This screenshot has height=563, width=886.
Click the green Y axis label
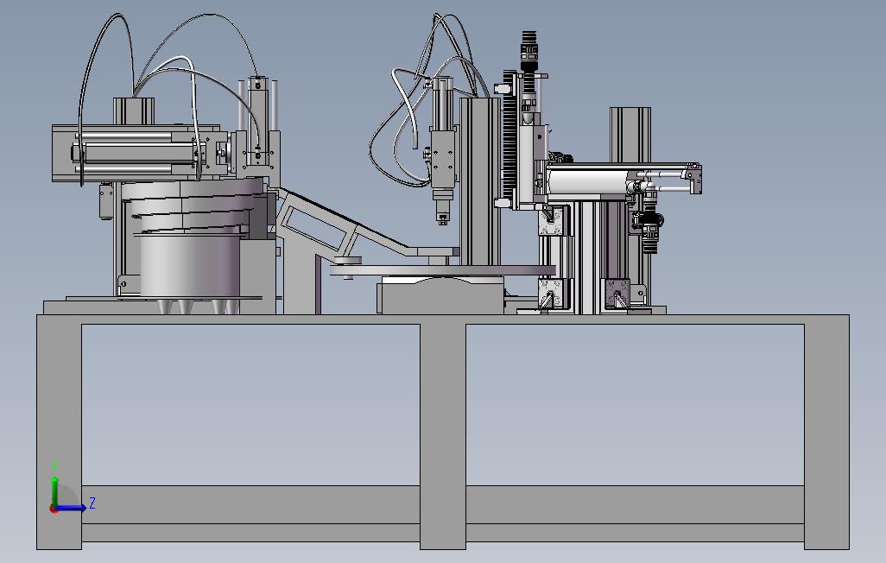54,466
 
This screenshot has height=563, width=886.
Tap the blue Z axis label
92,503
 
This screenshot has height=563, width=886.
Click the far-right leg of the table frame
826,433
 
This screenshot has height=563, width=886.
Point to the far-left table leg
60,433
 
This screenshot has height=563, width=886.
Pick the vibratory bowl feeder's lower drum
189,266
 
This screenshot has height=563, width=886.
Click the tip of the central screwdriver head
442,222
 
